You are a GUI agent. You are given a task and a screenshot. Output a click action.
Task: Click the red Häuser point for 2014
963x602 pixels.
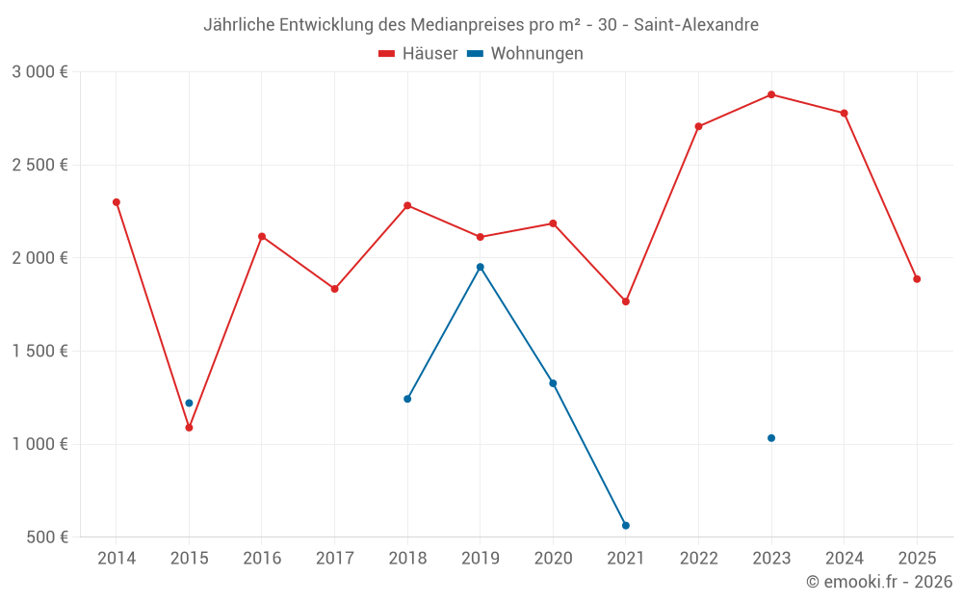coord(117,202)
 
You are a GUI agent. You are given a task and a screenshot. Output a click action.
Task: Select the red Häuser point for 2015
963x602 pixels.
coord(189,428)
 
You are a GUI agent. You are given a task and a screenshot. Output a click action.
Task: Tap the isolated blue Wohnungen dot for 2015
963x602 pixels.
coord(189,404)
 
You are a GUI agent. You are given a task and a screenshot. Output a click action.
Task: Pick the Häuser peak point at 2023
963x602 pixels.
coord(771,94)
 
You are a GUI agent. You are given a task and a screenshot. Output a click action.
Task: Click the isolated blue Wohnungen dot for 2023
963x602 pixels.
coord(771,438)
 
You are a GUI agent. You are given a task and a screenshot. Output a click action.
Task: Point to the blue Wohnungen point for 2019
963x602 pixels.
coord(481,267)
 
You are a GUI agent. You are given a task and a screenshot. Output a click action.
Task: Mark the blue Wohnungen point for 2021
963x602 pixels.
coord(626,526)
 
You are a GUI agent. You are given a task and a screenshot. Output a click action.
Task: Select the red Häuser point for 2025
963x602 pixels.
coord(917,279)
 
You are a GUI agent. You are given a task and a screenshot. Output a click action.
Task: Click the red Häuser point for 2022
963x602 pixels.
coord(698,126)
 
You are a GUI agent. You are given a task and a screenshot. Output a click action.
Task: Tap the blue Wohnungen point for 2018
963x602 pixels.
coord(407,399)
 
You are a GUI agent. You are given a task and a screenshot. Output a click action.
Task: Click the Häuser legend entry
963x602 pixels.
coord(418,54)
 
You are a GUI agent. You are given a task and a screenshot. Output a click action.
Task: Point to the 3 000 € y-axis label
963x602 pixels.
coord(40,72)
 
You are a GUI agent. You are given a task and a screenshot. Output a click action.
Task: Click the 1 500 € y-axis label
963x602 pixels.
coord(40,352)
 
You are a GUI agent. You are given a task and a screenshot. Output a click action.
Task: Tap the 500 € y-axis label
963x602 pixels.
coord(46,537)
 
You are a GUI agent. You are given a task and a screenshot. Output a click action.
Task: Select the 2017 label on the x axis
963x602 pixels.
coord(334,559)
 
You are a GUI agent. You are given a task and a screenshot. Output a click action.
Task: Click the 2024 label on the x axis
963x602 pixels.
coord(844,559)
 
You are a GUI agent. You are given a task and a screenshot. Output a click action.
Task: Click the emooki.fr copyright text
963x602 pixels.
coord(879,582)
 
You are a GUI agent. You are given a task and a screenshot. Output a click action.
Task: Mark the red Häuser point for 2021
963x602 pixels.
coord(626,301)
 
